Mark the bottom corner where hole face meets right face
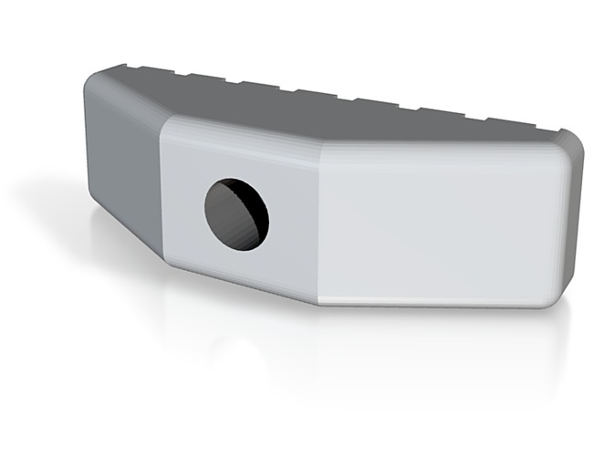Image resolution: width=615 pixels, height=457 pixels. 318,302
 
